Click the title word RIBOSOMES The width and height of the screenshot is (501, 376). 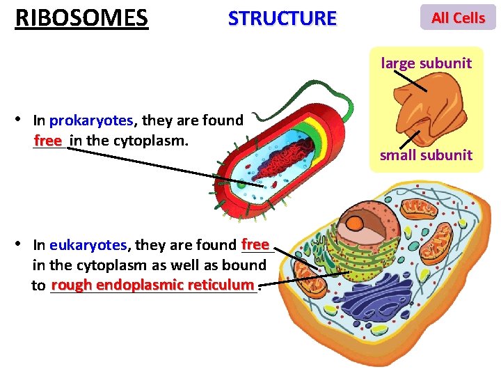[x=81, y=17]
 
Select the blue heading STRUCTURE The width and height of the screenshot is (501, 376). [x=282, y=18]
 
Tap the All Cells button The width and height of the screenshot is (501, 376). [x=458, y=18]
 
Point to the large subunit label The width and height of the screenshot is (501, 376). [x=426, y=63]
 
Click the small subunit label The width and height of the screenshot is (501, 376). [x=426, y=155]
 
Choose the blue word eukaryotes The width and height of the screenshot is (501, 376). [x=88, y=245]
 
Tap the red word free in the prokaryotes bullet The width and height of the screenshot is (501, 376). [x=48, y=141]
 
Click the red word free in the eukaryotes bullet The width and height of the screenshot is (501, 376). [x=255, y=244]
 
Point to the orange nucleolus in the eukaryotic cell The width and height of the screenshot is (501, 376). [x=355, y=224]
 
